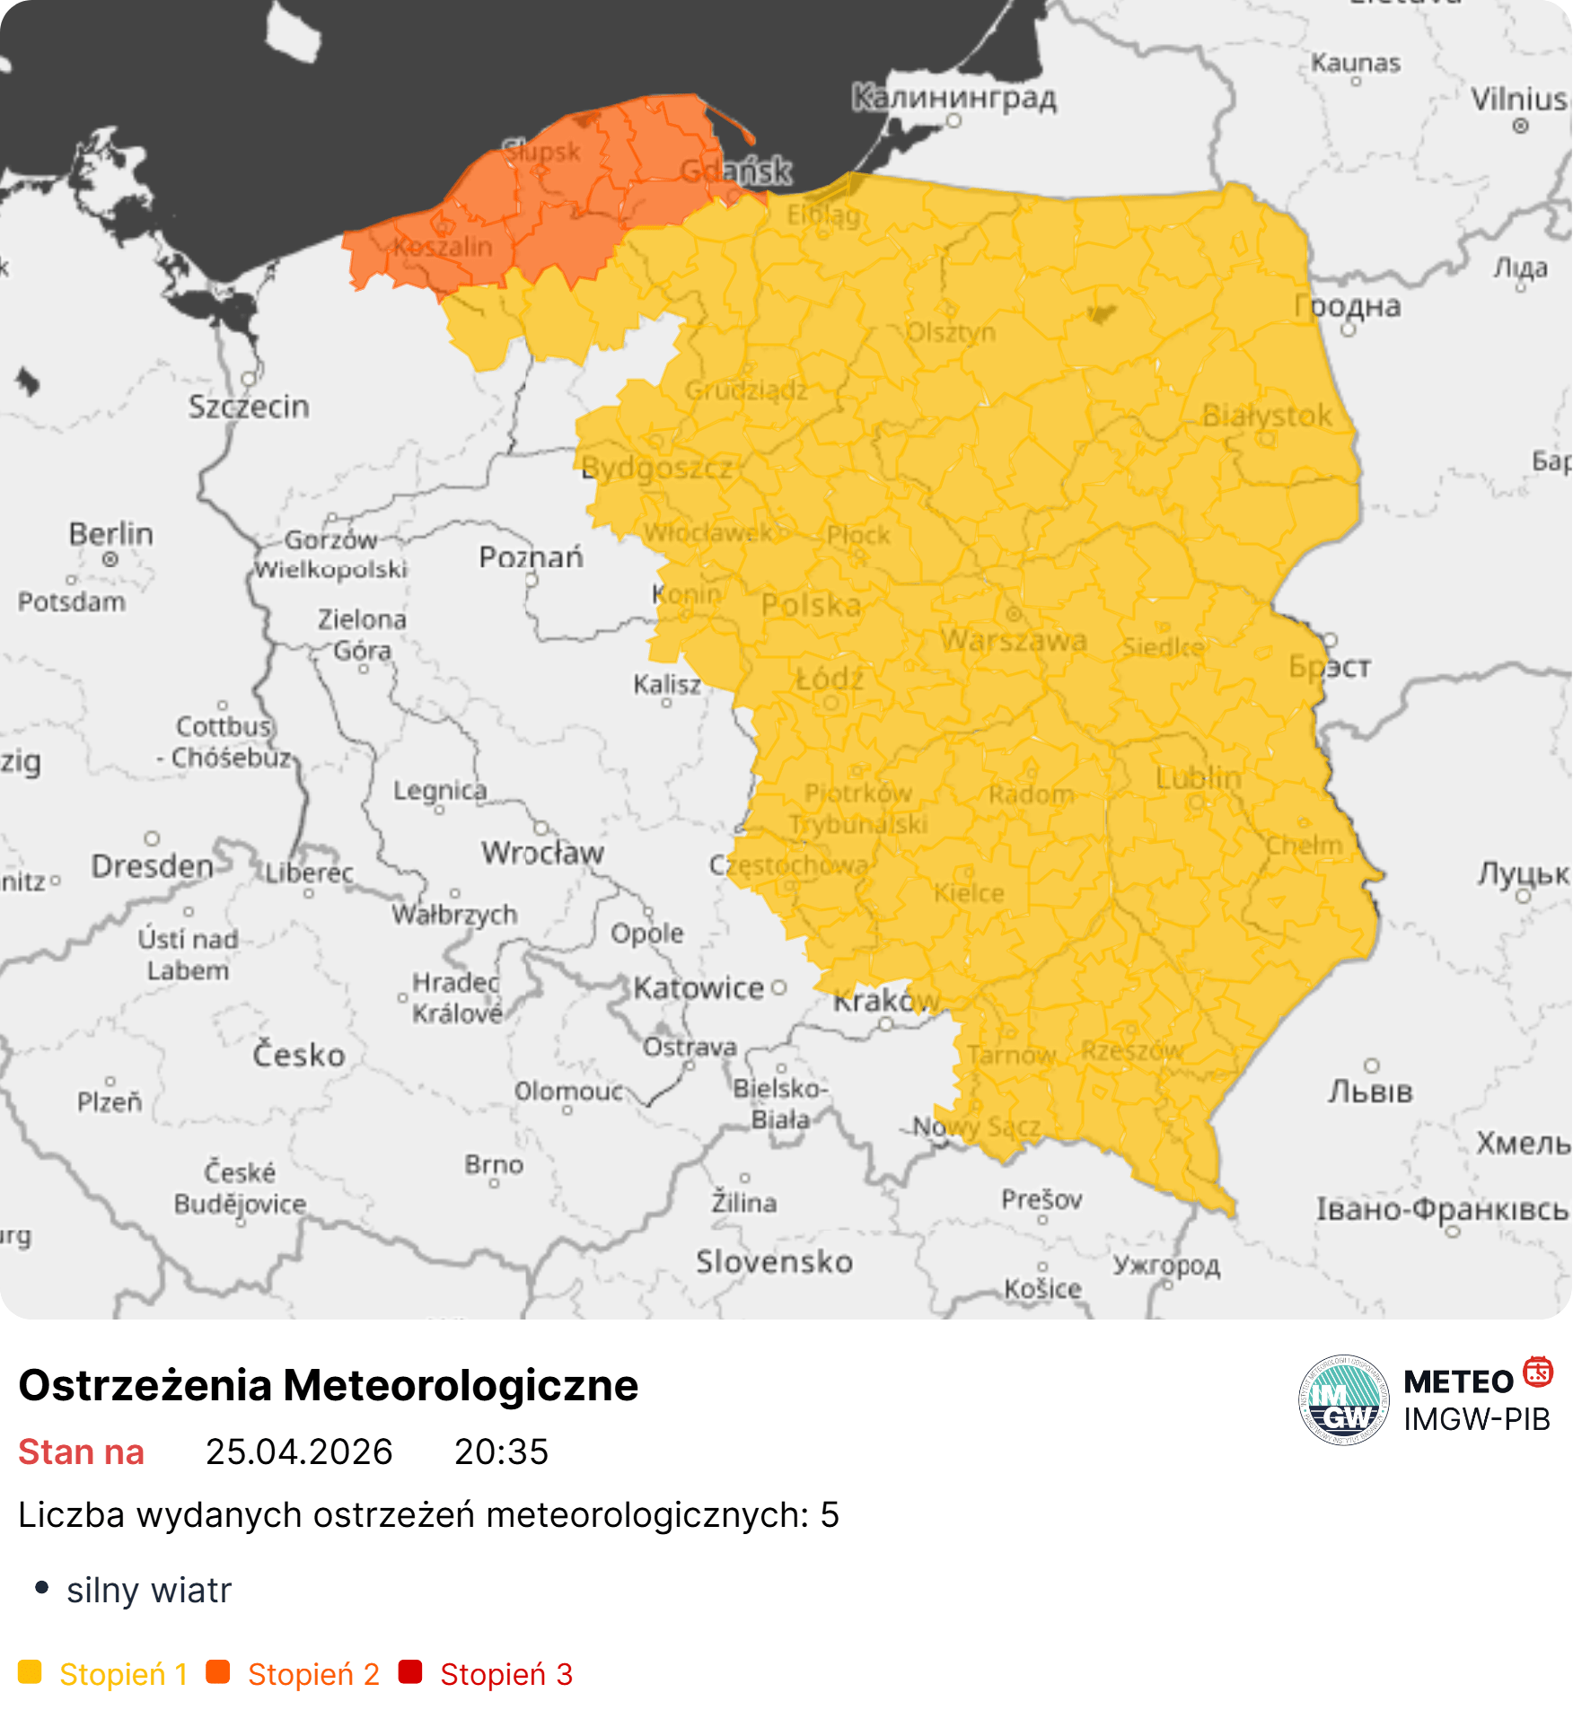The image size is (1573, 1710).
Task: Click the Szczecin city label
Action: pyautogui.click(x=249, y=407)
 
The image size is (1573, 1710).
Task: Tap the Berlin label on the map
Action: pyautogui.click(x=111, y=533)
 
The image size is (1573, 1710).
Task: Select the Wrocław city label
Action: pyautogui.click(x=542, y=852)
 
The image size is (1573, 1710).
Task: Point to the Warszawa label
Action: pyautogui.click(x=1014, y=640)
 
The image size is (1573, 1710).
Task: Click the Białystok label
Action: pyautogui.click(x=1267, y=416)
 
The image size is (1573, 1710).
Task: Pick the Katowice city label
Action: pyautogui.click(x=699, y=988)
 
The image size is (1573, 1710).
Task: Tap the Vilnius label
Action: pyautogui.click(x=1519, y=99)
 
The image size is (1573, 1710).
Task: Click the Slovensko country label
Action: pyautogui.click(x=774, y=1261)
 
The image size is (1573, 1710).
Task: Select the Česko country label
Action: pyautogui.click(x=298, y=1054)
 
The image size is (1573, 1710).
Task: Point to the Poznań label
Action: pyautogui.click(x=531, y=557)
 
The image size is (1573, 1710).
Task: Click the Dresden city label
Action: pyautogui.click(x=153, y=866)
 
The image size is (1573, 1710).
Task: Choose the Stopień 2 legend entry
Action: pyautogui.click(x=313, y=1674)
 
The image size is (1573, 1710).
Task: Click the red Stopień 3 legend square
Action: pyautogui.click(x=410, y=1672)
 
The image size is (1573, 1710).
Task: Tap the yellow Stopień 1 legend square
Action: pyautogui.click(x=30, y=1672)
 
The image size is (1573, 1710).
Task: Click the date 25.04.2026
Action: pyautogui.click(x=299, y=1451)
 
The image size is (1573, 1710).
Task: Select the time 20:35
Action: pyautogui.click(x=501, y=1451)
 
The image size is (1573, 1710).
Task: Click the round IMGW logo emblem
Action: pyautogui.click(x=1343, y=1399)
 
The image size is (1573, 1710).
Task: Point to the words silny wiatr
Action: pyautogui.click(x=149, y=1590)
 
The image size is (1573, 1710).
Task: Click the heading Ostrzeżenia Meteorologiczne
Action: pyautogui.click(x=328, y=1385)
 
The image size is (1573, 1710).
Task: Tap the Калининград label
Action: pyautogui.click(x=953, y=96)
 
